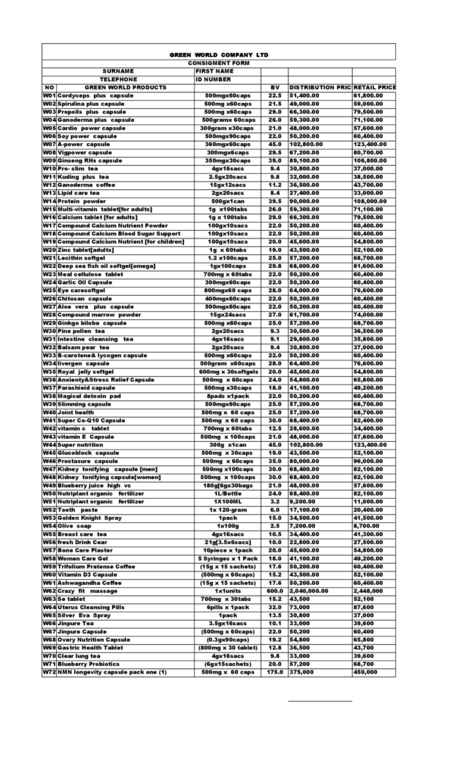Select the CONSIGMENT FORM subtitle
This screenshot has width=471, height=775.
218,63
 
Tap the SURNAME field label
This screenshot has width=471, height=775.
118,71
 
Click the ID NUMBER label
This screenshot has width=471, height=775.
214,79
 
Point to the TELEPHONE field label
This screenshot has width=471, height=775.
118,79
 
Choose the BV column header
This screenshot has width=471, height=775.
275,87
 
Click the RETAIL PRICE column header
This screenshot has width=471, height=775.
375,87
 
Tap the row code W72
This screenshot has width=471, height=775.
50,672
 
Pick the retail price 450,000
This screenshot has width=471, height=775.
367,672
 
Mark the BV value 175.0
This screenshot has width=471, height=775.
274,672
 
